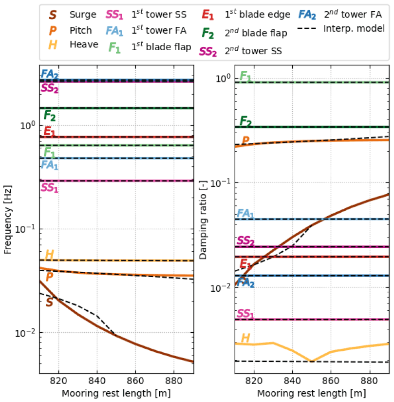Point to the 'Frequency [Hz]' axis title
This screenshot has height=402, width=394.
pyautogui.click(x=8, y=219)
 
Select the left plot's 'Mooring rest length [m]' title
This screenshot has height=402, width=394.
pyautogui.click(x=116, y=393)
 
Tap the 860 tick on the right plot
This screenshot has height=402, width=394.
pyautogui.click(x=331, y=381)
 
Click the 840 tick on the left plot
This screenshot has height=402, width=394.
pyautogui.click(x=97, y=381)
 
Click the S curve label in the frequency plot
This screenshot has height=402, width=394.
pyautogui.click(x=49, y=302)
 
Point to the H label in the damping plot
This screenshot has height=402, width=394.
pyautogui.click(x=245, y=338)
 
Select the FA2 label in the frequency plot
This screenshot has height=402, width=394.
pyautogui.click(x=50, y=74)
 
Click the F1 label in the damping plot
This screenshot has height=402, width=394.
pyautogui.click(x=246, y=76)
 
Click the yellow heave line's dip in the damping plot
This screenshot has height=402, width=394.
pyautogui.click(x=312, y=361)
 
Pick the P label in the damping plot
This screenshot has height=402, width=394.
pyautogui.click(x=245, y=141)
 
